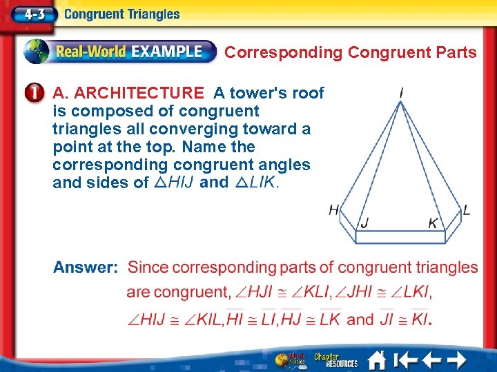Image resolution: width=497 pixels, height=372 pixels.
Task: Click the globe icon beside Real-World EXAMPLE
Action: click(x=37, y=52)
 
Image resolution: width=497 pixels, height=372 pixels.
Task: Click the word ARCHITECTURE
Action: click(x=139, y=93)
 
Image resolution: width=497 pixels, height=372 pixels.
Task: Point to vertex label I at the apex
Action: click(x=402, y=92)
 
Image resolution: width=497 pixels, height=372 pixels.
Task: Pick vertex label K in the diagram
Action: click(x=433, y=223)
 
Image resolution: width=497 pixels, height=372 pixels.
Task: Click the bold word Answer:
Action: click(x=86, y=267)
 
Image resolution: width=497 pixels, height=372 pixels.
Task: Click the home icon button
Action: click(x=377, y=360)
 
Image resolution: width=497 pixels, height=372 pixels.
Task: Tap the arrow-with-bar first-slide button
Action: click(x=405, y=360)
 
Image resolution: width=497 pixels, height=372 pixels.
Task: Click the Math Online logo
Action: click(x=291, y=360)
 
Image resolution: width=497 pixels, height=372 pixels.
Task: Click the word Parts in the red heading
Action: click(x=456, y=52)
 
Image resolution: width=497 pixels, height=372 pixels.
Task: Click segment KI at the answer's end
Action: click(x=420, y=319)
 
